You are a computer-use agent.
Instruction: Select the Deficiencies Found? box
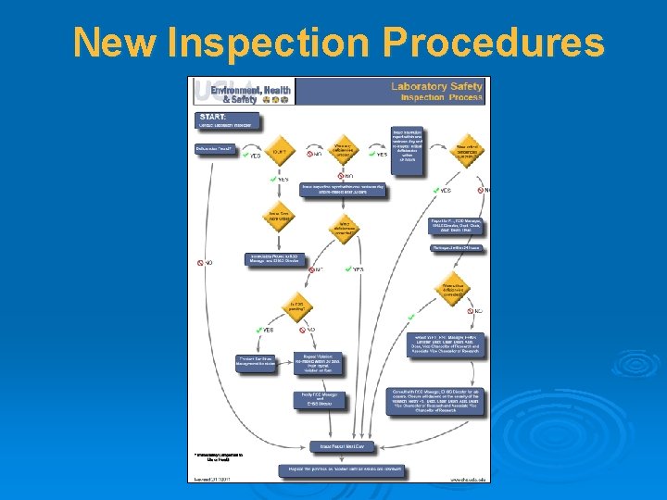215,148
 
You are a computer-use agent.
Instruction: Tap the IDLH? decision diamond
279,150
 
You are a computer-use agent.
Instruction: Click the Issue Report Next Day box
340,446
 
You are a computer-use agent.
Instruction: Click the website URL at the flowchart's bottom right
469,479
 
